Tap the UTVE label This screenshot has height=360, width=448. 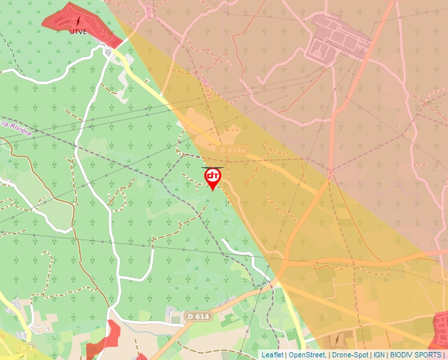(78, 31)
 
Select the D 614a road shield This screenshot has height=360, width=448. (232, 151)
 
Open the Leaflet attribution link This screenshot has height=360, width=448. (272, 355)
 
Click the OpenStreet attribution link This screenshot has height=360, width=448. (307, 355)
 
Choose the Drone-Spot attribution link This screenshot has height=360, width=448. (350, 355)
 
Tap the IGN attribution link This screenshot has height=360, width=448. (379, 355)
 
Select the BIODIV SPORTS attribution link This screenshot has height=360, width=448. (415, 355)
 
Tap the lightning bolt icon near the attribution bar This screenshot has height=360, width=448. (337, 340)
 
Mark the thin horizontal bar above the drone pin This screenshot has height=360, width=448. (213, 167)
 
